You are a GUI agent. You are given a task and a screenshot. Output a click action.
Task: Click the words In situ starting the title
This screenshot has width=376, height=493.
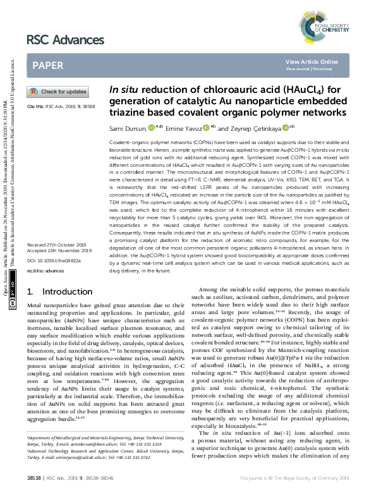pos(125,90)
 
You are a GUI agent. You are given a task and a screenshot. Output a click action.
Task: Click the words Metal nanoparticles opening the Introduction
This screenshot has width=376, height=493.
pos(52,305)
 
